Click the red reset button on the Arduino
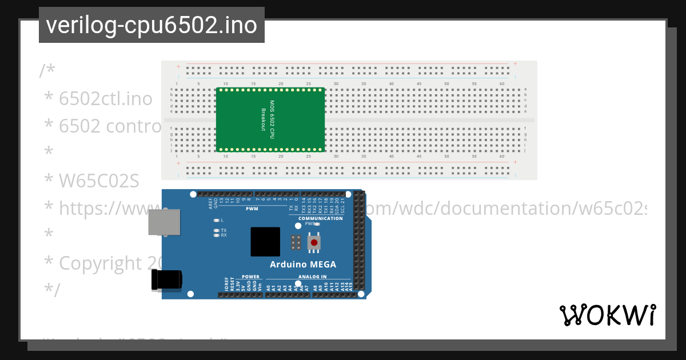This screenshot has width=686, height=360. click(313, 243)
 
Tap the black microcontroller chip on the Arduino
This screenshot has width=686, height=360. click(265, 242)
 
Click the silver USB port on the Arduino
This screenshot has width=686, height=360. click(164, 222)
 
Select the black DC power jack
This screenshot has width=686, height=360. click(166, 280)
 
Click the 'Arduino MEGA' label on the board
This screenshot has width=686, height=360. click(303, 264)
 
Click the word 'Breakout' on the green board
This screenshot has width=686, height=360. click(264, 119)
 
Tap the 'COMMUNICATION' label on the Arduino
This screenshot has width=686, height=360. click(321, 218)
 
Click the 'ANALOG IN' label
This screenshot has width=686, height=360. click(312, 277)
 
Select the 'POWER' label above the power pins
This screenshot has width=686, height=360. click(250, 277)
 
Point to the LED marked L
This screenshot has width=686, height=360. click(216, 220)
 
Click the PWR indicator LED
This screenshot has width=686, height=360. click(317, 224)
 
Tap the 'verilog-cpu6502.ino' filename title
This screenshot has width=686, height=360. click(151, 25)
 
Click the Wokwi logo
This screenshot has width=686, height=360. click(607, 315)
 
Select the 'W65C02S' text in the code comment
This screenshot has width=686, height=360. click(99, 181)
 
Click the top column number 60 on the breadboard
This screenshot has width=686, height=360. click(501, 84)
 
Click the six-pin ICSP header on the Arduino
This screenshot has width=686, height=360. click(296, 243)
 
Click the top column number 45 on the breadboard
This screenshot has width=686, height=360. click(419, 84)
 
